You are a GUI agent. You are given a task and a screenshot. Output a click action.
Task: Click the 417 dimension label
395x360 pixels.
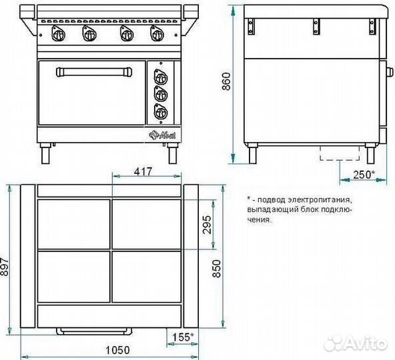(143, 171)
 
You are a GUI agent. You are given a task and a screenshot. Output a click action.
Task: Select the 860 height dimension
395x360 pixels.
(226, 81)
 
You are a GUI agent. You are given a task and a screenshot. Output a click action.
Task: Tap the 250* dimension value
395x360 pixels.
(364, 175)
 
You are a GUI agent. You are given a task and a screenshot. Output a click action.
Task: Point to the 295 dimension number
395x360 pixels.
(207, 225)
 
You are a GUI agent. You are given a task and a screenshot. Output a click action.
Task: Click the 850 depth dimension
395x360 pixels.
(217, 269)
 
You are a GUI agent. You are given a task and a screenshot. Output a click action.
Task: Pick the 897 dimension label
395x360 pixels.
(5, 267)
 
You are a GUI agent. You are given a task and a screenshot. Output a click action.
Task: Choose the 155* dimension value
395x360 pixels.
(183, 337)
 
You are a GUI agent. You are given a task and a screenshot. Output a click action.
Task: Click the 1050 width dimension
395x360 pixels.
(117, 350)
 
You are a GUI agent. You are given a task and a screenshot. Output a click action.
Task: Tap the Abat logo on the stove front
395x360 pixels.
(163, 135)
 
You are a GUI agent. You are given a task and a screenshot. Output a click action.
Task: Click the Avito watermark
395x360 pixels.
(355, 343)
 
